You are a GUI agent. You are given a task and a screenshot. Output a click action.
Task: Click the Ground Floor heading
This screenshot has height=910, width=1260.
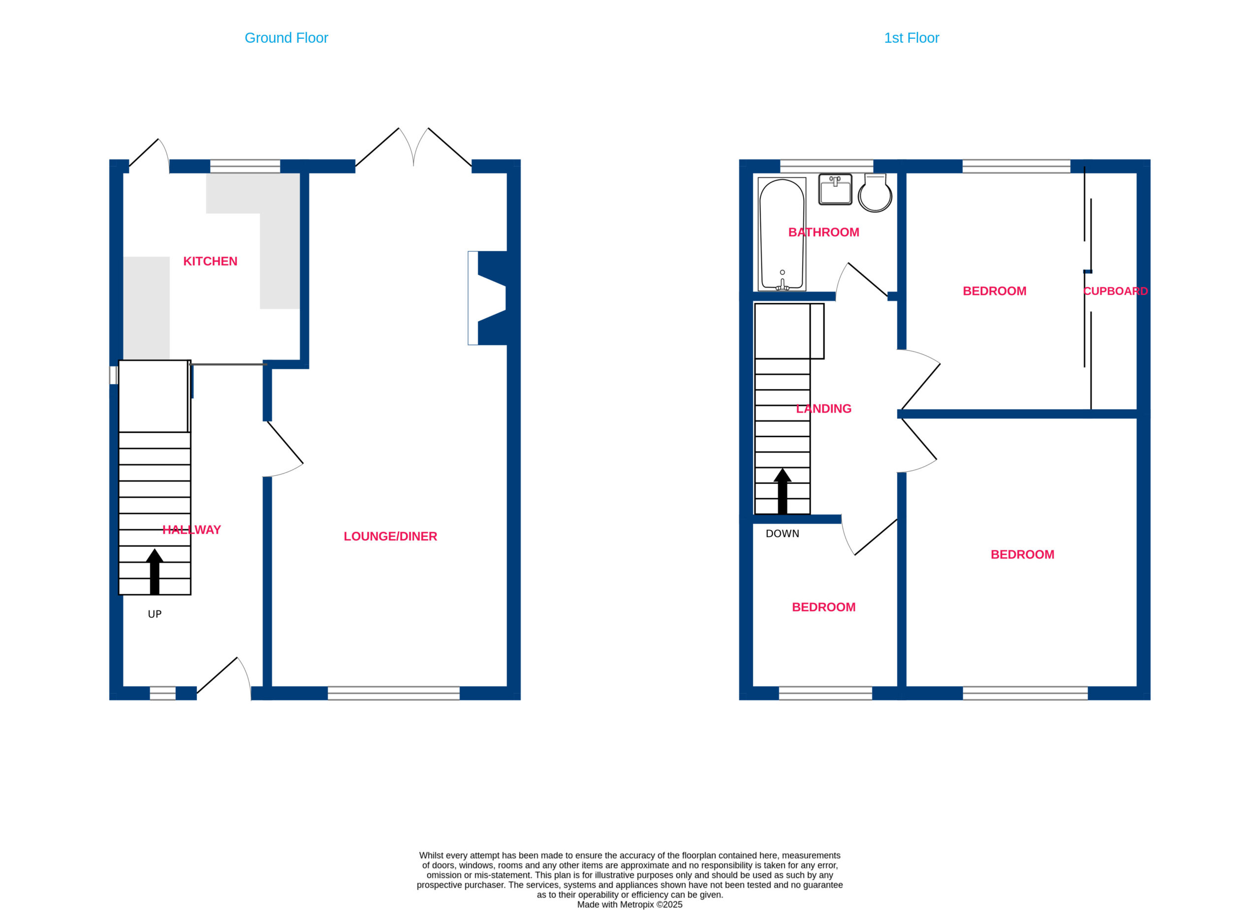pyautogui.click(x=286, y=38)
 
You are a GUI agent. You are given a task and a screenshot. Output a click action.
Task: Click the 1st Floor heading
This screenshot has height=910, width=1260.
pyautogui.click(x=911, y=38)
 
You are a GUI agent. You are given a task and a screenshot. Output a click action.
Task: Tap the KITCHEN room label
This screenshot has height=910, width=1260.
pyautogui.click(x=210, y=261)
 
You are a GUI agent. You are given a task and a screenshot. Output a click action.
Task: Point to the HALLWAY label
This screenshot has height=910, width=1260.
pyautogui.click(x=191, y=530)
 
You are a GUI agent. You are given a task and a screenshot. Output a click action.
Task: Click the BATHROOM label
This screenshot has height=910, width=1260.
pyautogui.click(x=823, y=232)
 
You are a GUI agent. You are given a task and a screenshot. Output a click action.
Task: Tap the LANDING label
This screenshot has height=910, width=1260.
pyautogui.click(x=823, y=409)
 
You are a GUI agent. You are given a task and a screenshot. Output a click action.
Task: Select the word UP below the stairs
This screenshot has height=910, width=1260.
pyautogui.click(x=155, y=614)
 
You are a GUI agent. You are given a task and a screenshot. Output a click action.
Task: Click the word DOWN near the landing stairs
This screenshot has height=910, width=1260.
pyautogui.click(x=782, y=534)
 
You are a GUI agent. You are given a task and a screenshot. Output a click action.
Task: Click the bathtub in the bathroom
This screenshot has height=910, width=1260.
pyautogui.click(x=782, y=234)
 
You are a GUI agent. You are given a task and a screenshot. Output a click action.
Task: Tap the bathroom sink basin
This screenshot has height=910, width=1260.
pyautogui.click(x=835, y=189)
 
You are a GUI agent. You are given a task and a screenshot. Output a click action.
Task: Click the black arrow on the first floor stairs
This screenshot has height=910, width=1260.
pyautogui.click(x=782, y=491)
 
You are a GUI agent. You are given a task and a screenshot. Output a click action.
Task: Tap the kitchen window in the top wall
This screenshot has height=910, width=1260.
pyautogui.click(x=245, y=166)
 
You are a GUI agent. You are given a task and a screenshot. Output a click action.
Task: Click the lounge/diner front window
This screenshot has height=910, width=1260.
pyautogui.click(x=393, y=693)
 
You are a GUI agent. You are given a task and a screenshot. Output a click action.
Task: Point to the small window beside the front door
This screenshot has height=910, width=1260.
pyautogui.click(x=163, y=693)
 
